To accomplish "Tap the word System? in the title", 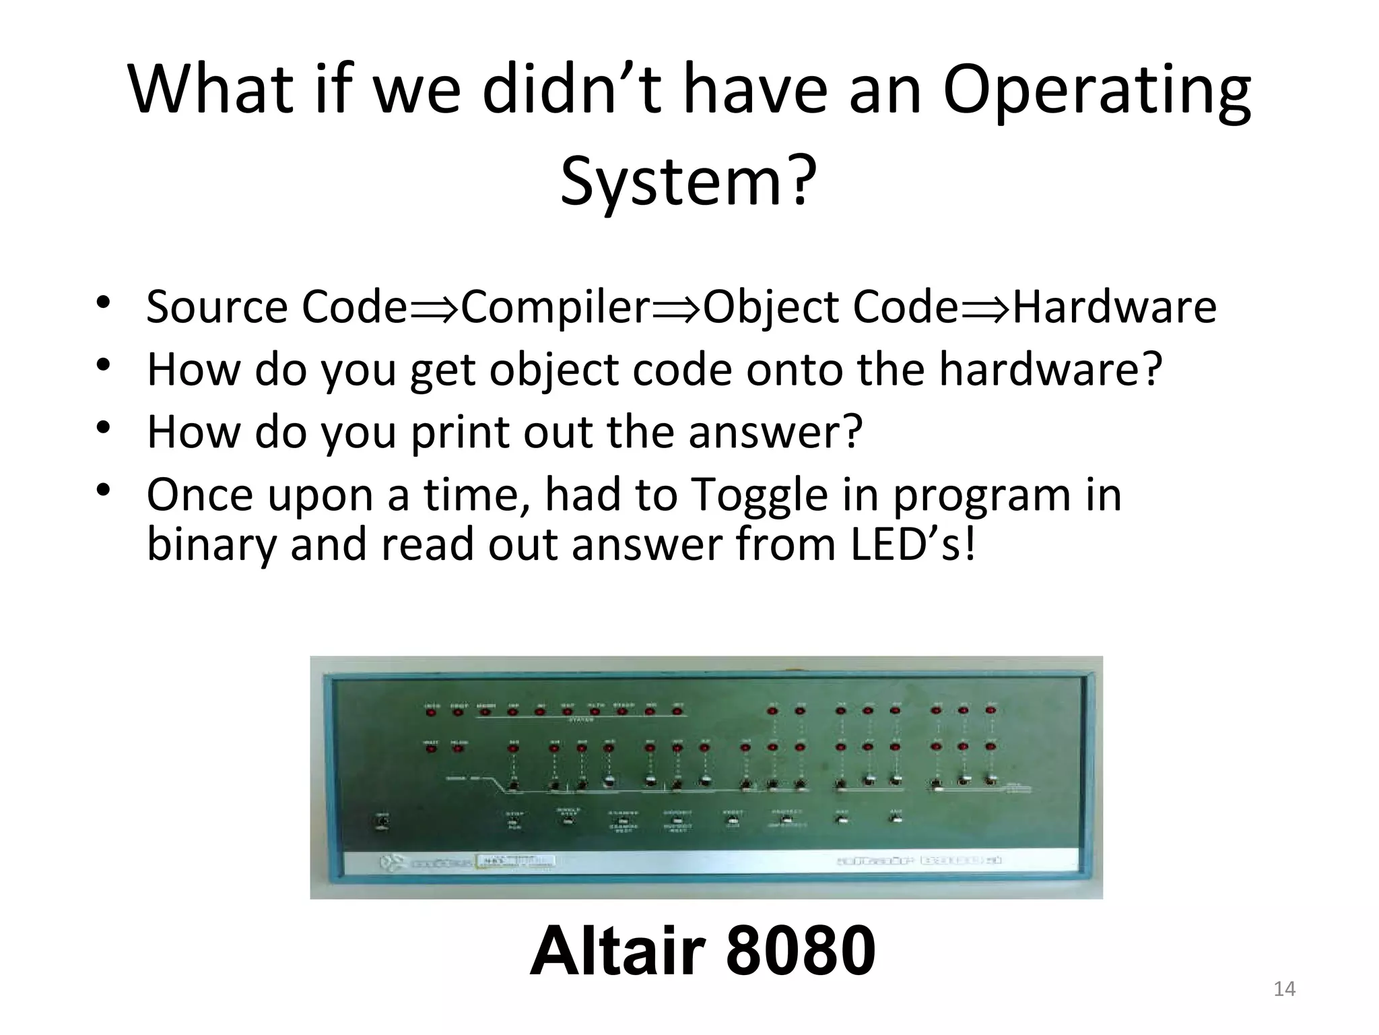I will (x=688, y=182).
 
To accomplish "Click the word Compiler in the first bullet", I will (x=555, y=307).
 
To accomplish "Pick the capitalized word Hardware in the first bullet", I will (x=1115, y=307).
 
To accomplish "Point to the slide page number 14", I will (x=1285, y=989).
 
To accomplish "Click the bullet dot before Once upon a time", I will (x=103, y=490).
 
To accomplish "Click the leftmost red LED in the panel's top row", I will (x=431, y=712).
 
